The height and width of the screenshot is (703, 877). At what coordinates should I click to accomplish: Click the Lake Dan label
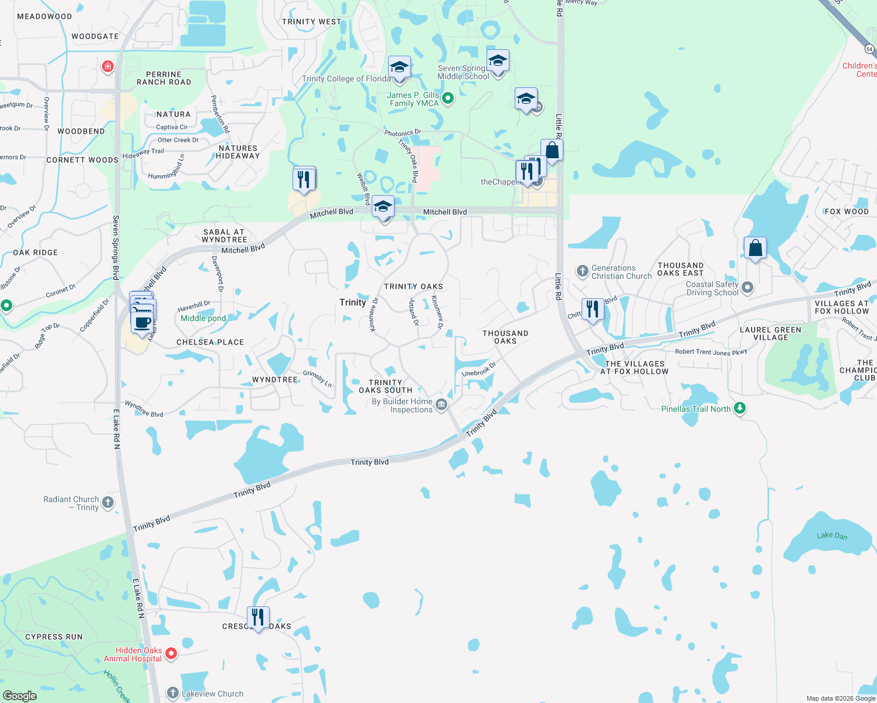832,535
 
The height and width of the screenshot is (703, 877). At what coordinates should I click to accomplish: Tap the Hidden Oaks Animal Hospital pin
171,653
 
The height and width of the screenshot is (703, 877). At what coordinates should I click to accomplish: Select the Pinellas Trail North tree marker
740,408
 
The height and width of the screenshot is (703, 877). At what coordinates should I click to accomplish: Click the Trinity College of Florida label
346,79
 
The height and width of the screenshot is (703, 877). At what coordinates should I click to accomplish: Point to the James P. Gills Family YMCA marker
448,98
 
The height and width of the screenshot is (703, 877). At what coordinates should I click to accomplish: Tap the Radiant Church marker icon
108,502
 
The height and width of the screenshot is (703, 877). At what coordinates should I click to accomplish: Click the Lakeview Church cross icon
172,693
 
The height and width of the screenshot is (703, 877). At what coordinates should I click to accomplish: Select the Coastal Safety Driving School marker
747,287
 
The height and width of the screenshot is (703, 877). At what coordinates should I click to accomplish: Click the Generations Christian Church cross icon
582,271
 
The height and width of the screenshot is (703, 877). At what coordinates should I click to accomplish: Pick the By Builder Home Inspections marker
441,404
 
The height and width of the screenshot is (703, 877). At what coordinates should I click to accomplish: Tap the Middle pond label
203,318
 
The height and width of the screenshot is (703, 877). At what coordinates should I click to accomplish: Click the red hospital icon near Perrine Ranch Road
107,66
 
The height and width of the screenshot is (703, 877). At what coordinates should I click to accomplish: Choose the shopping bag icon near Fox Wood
755,248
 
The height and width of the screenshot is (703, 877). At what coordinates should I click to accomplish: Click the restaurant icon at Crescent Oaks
257,617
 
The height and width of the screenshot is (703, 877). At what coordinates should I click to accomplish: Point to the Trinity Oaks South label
385,386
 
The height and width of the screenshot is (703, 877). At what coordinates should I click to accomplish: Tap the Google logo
19,695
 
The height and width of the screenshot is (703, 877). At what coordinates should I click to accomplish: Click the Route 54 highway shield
869,49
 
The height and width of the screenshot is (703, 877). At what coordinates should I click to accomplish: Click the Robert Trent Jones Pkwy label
711,352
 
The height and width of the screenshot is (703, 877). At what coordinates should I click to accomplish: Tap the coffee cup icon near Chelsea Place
142,322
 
